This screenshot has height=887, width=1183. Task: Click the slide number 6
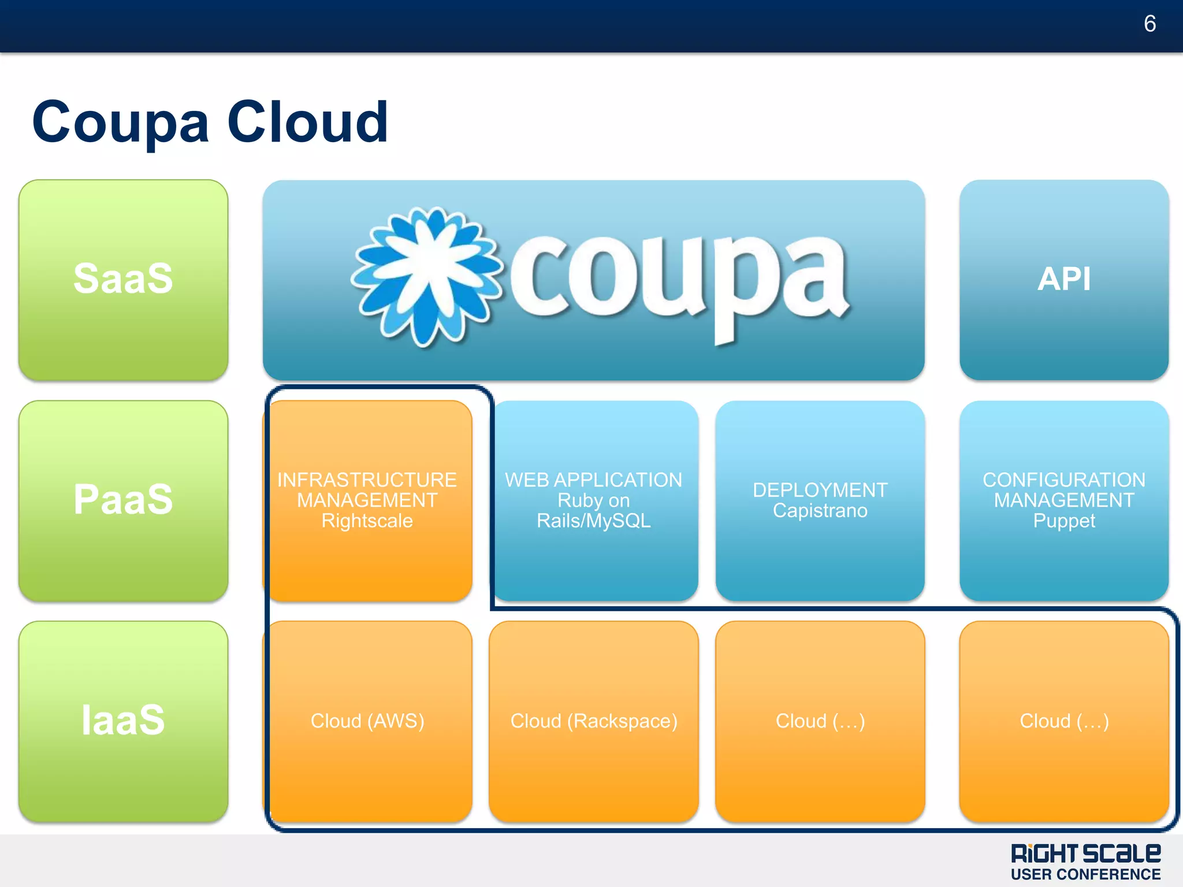coord(1149,24)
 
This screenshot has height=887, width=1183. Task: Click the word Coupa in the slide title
coord(120,123)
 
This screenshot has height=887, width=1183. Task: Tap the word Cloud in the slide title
coord(308,123)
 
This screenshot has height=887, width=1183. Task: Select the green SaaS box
coord(123,280)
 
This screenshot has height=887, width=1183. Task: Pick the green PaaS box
coord(123,500)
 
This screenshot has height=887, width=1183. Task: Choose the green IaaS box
coord(123,721)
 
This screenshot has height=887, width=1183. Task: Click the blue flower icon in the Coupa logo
coord(426,276)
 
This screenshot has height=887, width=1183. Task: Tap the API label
coord(1064,279)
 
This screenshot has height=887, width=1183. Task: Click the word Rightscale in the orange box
coord(367,521)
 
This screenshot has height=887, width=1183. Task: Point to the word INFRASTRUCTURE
coord(367,480)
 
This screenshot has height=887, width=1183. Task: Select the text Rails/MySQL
coord(593,521)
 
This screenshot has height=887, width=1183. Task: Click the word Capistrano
coord(820,511)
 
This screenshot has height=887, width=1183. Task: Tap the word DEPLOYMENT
coord(820,490)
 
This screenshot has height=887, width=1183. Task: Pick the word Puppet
coord(1064,521)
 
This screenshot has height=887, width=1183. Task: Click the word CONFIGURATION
coord(1064,480)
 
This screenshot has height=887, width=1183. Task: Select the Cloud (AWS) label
coord(367,721)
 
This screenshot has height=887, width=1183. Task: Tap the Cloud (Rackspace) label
coord(594,721)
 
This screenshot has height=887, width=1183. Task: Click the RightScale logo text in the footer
coord(1085,853)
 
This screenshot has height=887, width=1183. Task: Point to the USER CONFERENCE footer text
coord(1085,874)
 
